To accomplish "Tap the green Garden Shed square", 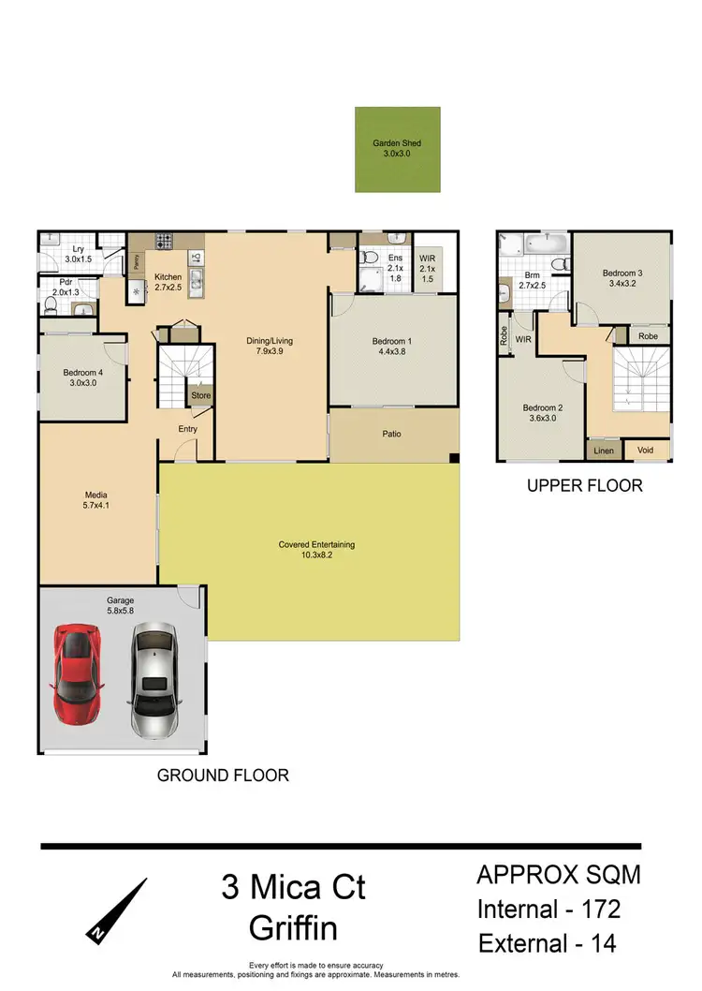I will [x=397, y=150].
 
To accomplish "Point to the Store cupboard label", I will [x=200, y=396].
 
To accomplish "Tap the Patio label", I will [x=392, y=434].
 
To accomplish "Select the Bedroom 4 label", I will [x=81, y=377].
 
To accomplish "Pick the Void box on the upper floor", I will [x=646, y=451].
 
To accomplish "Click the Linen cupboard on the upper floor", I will [x=603, y=451].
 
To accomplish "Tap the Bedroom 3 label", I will [x=622, y=277].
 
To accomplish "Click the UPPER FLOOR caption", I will [x=584, y=485].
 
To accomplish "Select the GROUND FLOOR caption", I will [x=223, y=775].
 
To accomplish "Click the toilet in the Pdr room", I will [x=51, y=304].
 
